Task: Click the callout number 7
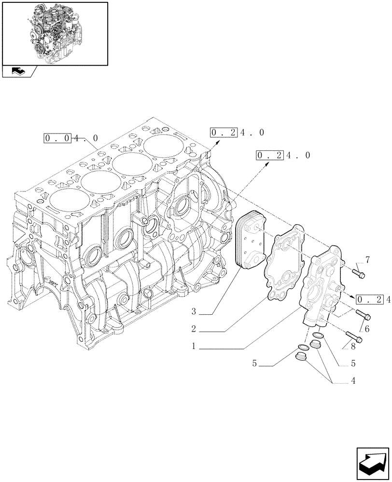[x=367, y=261]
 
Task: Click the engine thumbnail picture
[x=55, y=33]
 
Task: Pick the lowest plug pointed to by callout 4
[x=301, y=359]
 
